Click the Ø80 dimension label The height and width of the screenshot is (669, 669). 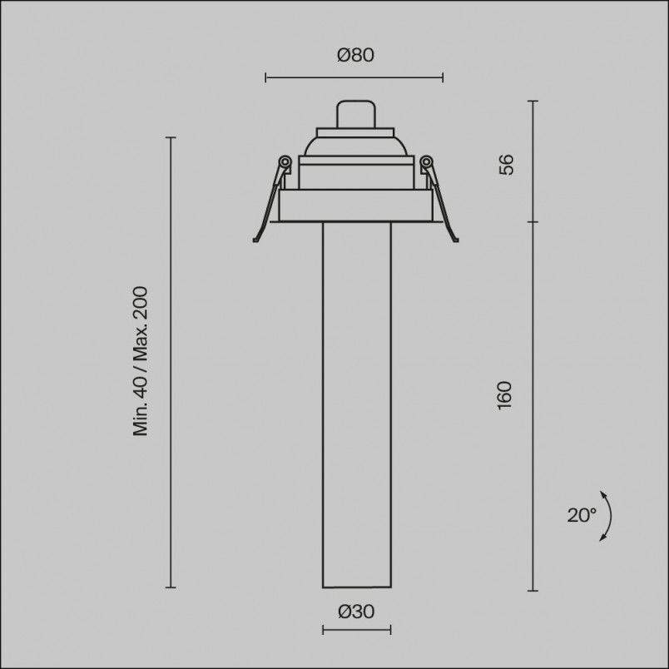pyautogui.click(x=355, y=55)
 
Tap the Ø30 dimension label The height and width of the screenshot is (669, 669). pyautogui.click(x=356, y=612)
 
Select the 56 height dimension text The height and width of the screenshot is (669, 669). pyautogui.click(x=507, y=164)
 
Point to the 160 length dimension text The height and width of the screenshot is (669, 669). pyautogui.click(x=505, y=395)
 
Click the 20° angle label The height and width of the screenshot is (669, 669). pyautogui.click(x=582, y=515)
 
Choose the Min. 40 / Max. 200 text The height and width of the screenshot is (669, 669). pyautogui.click(x=141, y=361)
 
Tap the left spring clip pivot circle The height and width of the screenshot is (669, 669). pyautogui.click(x=285, y=161)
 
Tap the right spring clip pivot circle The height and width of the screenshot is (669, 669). pyautogui.click(x=426, y=161)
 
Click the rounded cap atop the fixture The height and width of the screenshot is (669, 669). pyautogui.click(x=356, y=114)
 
